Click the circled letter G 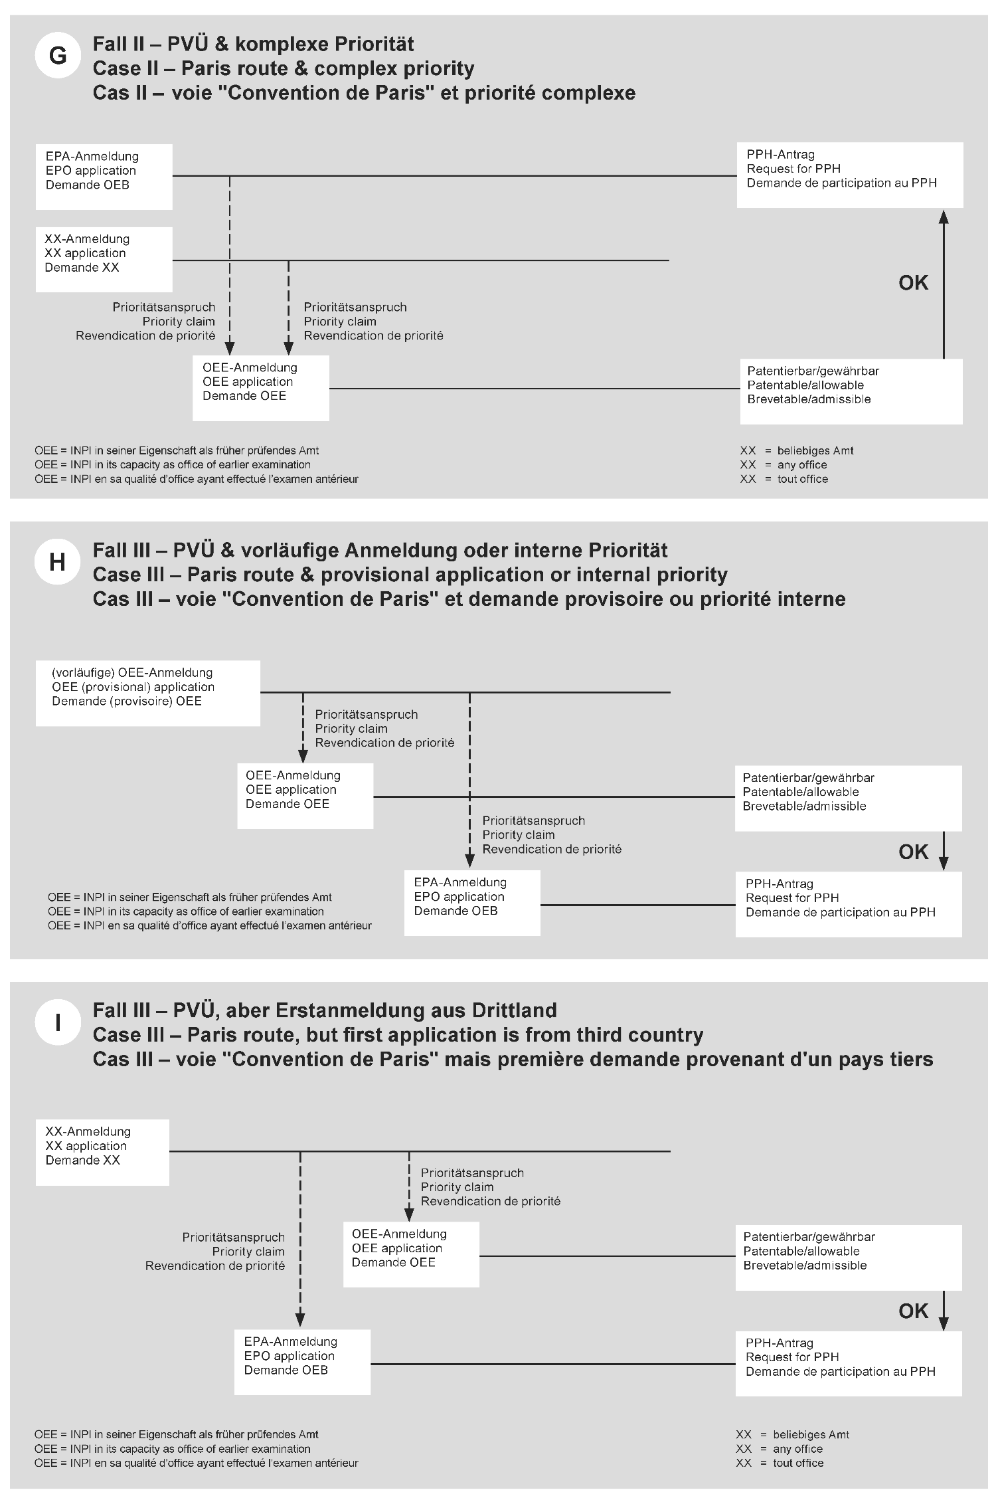58,56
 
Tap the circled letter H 58,562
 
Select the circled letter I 58,1022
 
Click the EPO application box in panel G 104,177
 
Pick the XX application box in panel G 104,259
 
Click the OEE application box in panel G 261,388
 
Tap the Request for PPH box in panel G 849,175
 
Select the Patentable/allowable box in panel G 851,391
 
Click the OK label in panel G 913,283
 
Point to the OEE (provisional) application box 148,693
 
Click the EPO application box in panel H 472,903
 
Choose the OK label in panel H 913,852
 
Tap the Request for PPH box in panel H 849,904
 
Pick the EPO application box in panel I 303,1362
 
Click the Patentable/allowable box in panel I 849,1258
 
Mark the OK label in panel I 913,1311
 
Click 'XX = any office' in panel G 784,465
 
